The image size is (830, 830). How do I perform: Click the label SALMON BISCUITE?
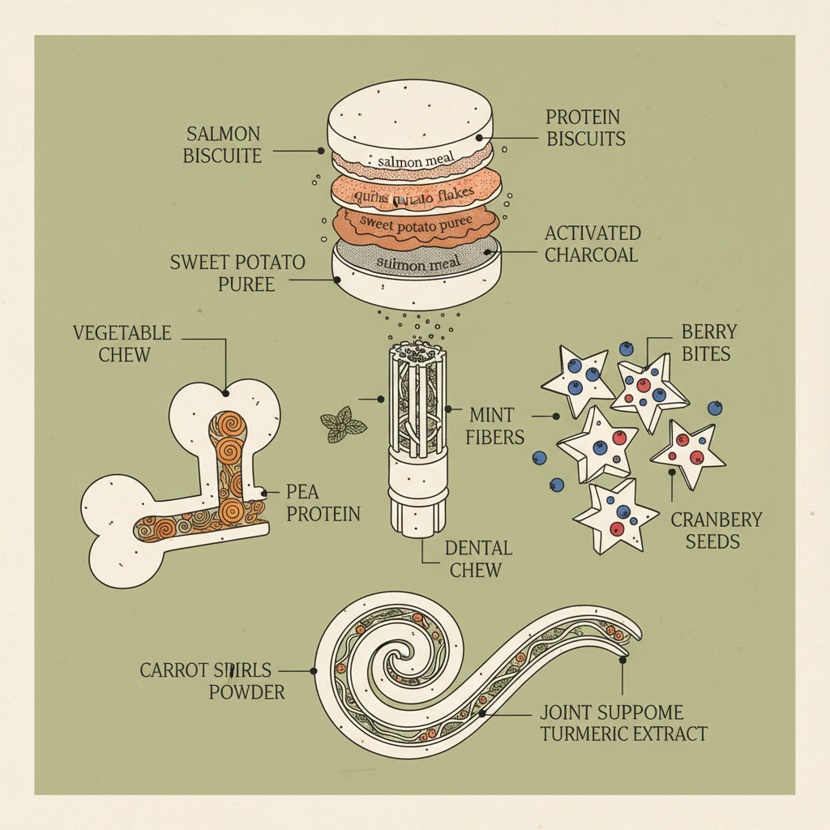pos(223,143)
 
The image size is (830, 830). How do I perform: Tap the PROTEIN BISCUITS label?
pos(585,128)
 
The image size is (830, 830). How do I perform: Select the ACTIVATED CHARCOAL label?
pos(592,243)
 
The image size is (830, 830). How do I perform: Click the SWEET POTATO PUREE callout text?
pos(237,273)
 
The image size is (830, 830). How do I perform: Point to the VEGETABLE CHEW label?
pos(122,343)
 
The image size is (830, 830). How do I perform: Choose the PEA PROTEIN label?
pos(323,503)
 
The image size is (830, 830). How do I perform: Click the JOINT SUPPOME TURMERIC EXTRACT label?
pos(622,724)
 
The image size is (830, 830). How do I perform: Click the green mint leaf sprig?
pos(343,425)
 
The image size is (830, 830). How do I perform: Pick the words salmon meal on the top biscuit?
pos(412,161)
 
